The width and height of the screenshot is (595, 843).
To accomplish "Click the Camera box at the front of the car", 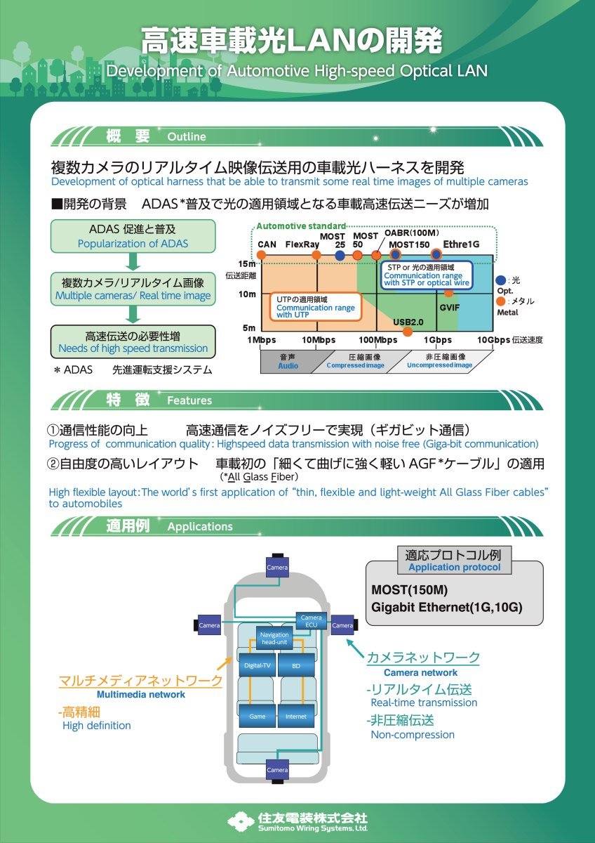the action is coord(277,566).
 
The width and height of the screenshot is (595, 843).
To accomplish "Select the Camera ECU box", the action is coord(312,621).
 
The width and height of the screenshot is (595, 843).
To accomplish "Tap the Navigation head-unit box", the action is coord(274,639).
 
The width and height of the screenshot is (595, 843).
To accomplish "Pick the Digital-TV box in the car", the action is coord(258,665).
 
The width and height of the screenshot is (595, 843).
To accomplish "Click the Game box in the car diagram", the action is coord(258,716).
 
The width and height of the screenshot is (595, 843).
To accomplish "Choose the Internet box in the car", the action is coord(296,716).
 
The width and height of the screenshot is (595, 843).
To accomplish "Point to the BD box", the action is coord(296,665).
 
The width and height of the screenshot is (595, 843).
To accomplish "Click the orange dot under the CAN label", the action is coord(261,255).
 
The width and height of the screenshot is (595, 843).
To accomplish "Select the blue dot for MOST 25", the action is coord(340,255).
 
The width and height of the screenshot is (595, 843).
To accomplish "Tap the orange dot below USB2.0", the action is coord(407,332).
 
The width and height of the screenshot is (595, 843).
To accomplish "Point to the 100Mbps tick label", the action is coord(377,340).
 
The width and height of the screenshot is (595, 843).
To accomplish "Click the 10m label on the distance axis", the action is coord(246,294).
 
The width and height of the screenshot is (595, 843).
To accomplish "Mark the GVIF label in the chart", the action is coord(450,308).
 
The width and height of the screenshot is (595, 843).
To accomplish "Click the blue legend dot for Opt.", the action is coord(501,280).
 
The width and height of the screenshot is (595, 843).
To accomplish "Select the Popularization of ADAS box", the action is coord(133,236).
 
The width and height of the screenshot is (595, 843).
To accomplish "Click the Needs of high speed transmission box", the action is coord(133,341).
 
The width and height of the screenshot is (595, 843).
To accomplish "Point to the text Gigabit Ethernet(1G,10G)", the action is coord(446,607).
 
